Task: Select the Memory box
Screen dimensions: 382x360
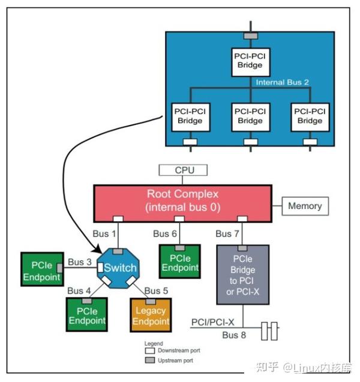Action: [304, 205]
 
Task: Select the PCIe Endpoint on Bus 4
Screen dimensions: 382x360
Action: [87, 315]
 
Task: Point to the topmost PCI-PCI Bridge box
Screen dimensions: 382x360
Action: [250, 60]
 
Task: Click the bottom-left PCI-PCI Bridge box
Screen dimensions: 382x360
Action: [190, 116]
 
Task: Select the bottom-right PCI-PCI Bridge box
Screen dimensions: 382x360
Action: [310, 116]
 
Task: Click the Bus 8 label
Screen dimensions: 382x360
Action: [234, 335]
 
